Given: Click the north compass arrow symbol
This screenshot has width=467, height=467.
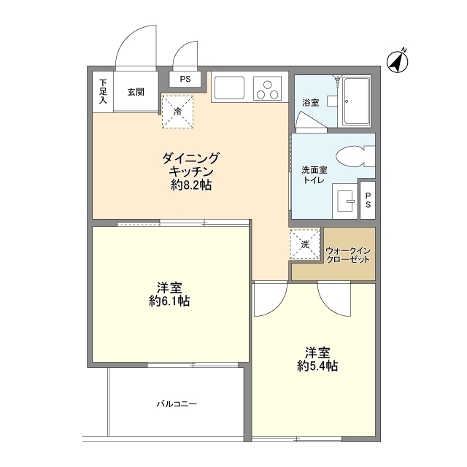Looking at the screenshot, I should pyautogui.click(x=398, y=62).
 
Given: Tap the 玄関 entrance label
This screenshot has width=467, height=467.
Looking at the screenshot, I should pyautogui.click(x=135, y=92).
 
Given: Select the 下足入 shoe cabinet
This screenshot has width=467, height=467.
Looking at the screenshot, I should pyautogui.click(x=103, y=91).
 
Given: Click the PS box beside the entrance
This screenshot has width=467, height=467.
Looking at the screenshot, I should pyautogui.click(x=185, y=79).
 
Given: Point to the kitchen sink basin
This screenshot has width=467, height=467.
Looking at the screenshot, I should pyautogui.click(x=230, y=88).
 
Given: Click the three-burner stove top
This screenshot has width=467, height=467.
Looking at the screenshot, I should pyautogui.click(x=267, y=88).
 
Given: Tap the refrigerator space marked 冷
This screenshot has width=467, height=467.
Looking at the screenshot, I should pyautogui.click(x=179, y=111).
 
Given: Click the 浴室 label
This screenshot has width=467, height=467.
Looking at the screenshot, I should pyautogui.click(x=311, y=102).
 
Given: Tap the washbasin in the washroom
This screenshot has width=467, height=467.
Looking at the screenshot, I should pyautogui.click(x=346, y=198).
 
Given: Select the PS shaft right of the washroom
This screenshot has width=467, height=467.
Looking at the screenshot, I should pyautogui.click(x=368, y=200).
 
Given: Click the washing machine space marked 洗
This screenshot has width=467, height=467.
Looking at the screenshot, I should pyautogui.click(x=305, y=243).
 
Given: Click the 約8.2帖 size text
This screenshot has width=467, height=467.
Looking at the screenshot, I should pyautogui.click(x=191, y=186).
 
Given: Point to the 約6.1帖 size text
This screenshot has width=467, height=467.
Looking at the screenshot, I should pyautogui.click(x=169, y=300).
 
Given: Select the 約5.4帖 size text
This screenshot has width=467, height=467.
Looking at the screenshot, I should pyautogui.click(x=317, y=366).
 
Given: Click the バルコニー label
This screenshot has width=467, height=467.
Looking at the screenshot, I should pyautogui.click(x=176, y=404).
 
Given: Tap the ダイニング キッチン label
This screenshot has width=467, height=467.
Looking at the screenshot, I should pyautogui.click(x=190, y=164).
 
